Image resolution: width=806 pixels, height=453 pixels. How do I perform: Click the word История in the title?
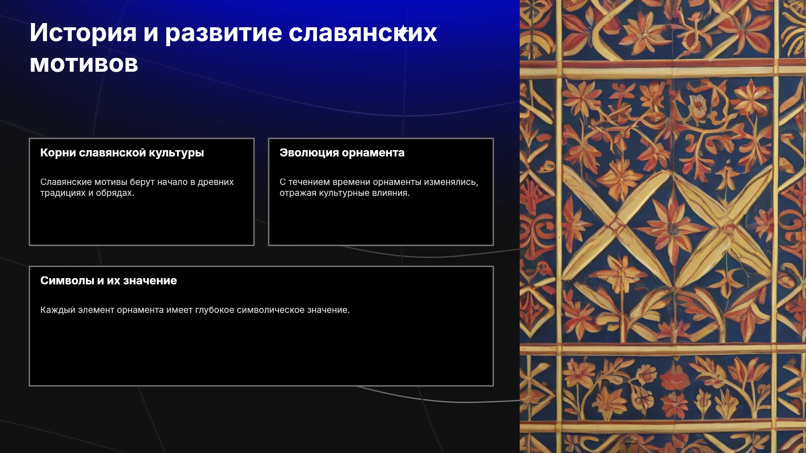(83, 33)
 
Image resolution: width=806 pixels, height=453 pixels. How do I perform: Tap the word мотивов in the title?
(84, 64)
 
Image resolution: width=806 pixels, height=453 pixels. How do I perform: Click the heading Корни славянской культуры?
(122, 153)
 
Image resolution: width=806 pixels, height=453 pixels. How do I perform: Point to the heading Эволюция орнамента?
(342, 153)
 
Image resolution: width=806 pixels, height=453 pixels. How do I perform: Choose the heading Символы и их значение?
(109, 281)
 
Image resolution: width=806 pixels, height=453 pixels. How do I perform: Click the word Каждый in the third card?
(58, 310)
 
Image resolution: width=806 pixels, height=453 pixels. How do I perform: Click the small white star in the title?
(403, 30)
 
